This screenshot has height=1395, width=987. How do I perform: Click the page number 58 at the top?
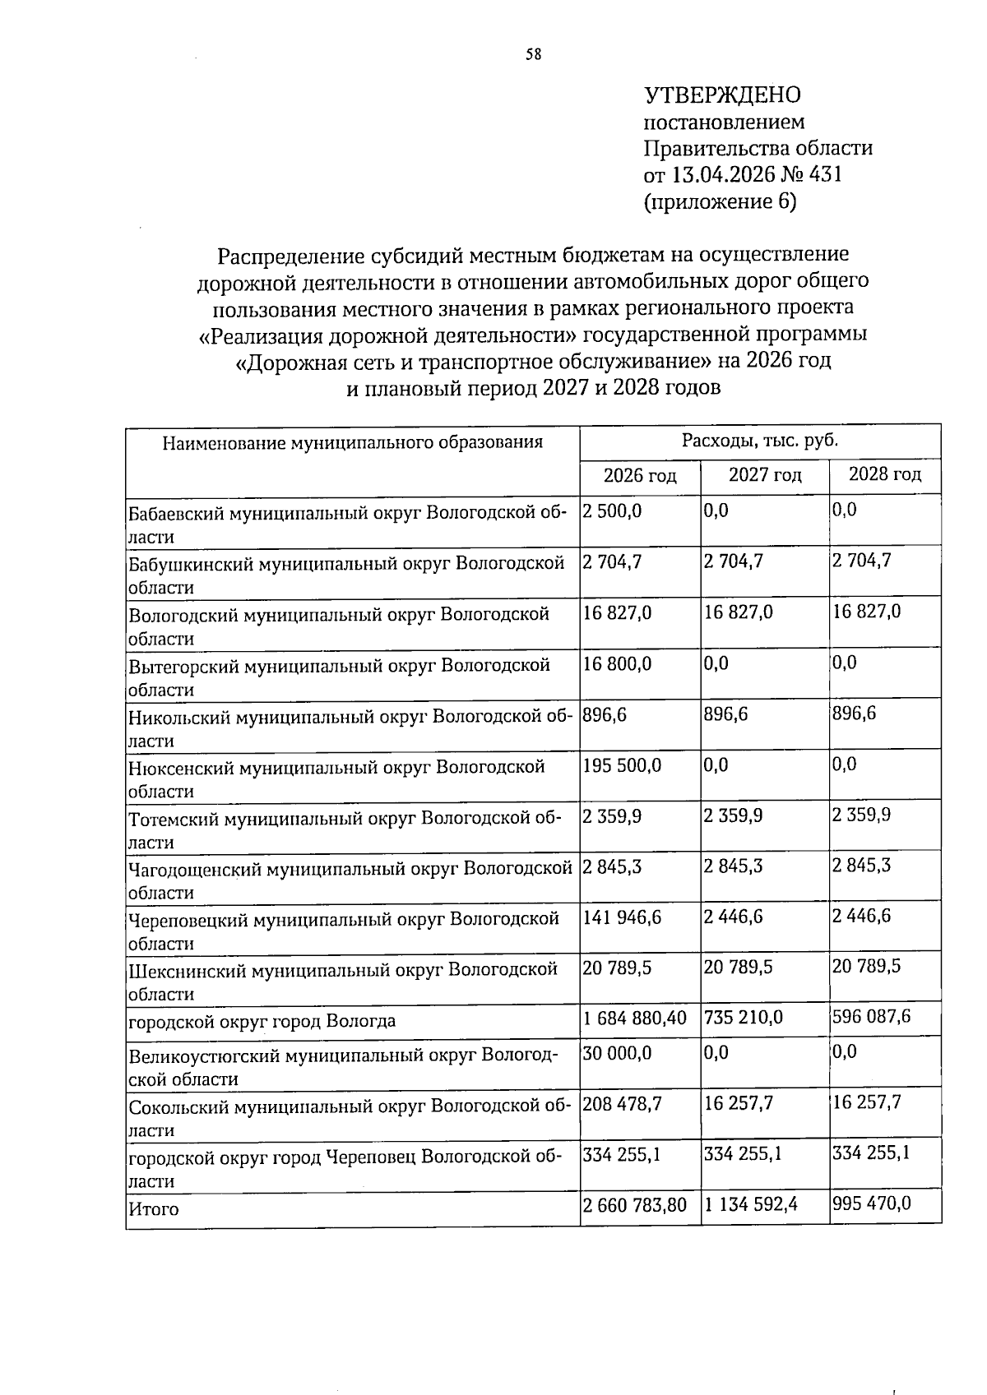click(533, 55)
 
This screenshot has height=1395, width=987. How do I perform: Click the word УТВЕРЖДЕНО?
click(721, 95)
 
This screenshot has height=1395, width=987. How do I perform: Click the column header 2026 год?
click(640, 475)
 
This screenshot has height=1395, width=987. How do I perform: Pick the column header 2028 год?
click(884, 474)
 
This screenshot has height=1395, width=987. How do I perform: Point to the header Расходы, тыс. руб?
click(759, 440)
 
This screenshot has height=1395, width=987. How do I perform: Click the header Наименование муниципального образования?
click(352, 443)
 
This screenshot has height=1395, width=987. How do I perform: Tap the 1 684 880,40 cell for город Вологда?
click(634, 1018)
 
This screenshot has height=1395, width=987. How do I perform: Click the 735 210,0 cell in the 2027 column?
click(744, 1018)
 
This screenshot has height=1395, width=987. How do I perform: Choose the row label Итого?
click(153, 1209)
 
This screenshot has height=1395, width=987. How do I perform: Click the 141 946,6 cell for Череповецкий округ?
click(622, 917)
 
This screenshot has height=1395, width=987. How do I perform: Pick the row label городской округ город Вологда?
click(262, 1021)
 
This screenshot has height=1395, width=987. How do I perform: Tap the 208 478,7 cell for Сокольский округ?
click(622, 1103)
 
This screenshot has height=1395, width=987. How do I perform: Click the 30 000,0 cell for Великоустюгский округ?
click(617, 1052)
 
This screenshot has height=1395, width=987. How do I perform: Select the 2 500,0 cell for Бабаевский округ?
click(612, 510)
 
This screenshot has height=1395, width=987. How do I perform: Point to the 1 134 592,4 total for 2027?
click(751, 1205)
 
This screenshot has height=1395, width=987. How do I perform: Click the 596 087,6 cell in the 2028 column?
click(871, 1017)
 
